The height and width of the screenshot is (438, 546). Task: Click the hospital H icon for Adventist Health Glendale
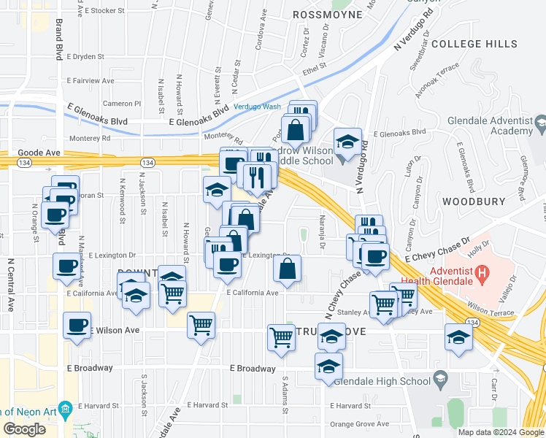pos(482,274)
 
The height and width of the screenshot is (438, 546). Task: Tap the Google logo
pos(24,429)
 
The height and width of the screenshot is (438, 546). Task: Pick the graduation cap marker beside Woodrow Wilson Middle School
pos(347,141)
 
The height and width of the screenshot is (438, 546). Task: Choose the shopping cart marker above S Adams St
pos(282,337)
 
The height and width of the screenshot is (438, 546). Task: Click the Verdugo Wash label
pos(257,107)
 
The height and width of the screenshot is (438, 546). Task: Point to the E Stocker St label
pos(107,11)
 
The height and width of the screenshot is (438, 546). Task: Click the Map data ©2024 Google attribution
pos(500,432)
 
